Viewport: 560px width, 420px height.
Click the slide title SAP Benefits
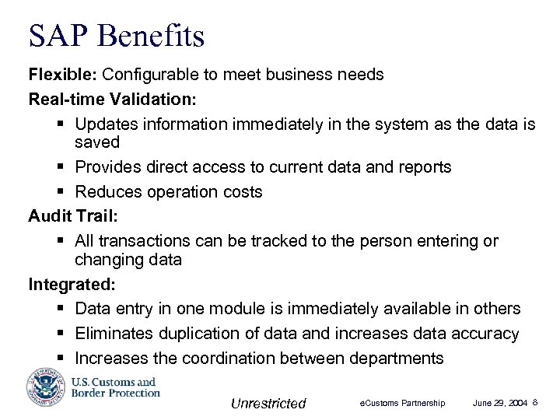pos(116,36)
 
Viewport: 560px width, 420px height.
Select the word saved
pos(97,142)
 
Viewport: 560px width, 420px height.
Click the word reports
pos(422,167)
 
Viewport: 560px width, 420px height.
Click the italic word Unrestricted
pos(268,403)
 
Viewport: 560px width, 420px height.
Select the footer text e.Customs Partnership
pos(401,403)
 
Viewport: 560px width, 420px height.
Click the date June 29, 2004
pos(500,403)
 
